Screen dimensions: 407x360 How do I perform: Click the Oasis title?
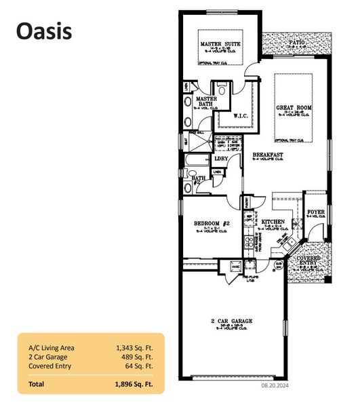coord(43,31)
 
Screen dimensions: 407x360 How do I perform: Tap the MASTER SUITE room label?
coord(218,45)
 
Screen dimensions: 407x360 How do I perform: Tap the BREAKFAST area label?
coord(267,155)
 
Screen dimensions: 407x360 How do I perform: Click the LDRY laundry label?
coord(220,159)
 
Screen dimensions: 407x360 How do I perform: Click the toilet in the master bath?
coord(222,90)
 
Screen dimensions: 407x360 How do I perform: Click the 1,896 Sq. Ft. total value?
coord(134,383)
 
